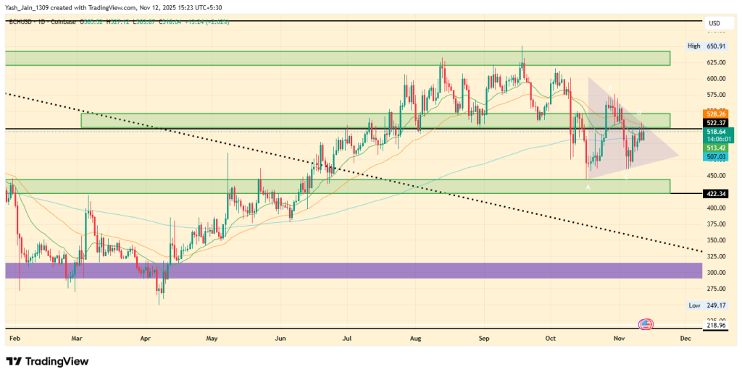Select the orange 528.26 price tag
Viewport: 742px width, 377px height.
[x=715, y=114]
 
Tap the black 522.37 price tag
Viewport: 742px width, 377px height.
[x=715, y=123]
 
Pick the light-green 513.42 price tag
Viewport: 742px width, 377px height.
[x=715, y=148]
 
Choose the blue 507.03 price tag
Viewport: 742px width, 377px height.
[x=715, y=156]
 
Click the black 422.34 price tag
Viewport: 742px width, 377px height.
[x=715, y=193]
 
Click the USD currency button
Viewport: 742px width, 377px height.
[x=714, y=24]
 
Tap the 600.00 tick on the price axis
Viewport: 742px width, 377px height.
[x=715, y=79]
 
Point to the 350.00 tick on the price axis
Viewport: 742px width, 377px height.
[x=715, y=241]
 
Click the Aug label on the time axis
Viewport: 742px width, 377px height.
[x=416, y=338]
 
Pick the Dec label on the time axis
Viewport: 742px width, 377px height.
[x=684, y=338]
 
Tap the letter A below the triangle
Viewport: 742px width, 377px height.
[x=588, y=187]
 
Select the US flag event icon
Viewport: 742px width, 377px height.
[x=645, y=323]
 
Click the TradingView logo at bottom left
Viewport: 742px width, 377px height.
[x=46, y=361]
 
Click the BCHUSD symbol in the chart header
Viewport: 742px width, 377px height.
[x=22, y=22]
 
